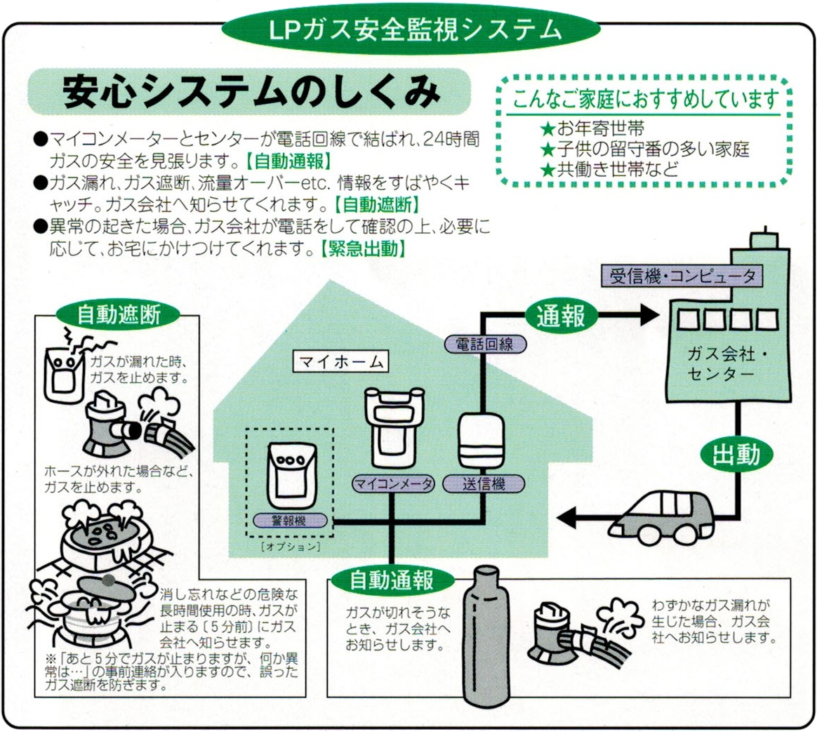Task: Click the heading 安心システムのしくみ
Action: [x=250, y=92]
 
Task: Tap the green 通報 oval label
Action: [x=561, y=316]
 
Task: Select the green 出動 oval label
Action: [x=736, y=455]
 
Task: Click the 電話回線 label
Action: [x=484, y=344]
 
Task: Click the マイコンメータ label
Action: [x=392, y=483]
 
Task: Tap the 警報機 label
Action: [x=288, y=521]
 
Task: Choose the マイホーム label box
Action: [x=340, y=362]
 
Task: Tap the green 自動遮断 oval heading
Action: [x=118, y=314]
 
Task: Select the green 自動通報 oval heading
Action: [x=392, y=580]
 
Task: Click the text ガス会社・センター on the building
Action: [x=721, y=363]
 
